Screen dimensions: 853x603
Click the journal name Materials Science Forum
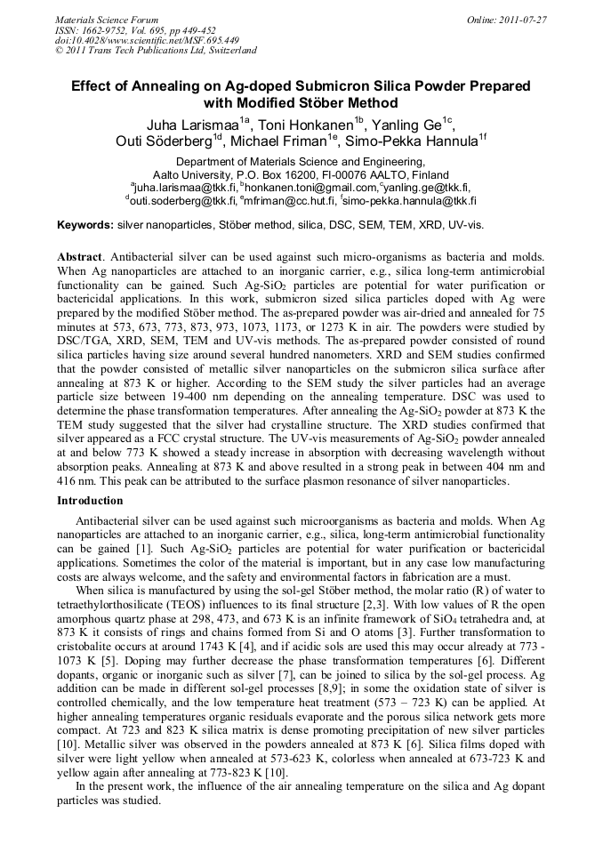click(107, 19)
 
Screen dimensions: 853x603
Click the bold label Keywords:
click(85, 226)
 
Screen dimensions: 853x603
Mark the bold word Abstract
click(79, 256)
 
